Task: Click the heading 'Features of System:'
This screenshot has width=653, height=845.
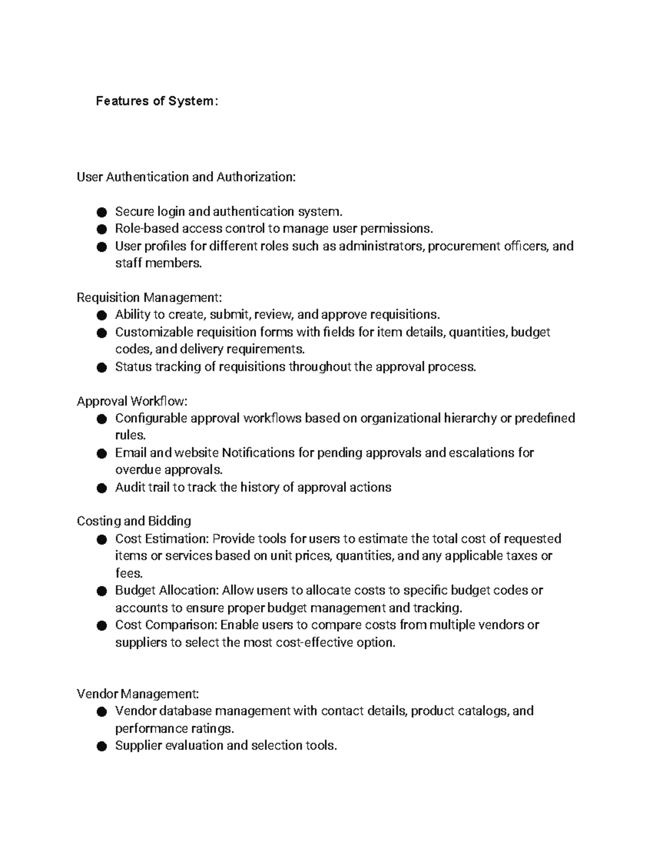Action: (x=157, y=101)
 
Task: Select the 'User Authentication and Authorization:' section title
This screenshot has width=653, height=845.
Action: (x=186, y=177)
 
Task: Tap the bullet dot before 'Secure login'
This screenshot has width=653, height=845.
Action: (x=101, y=212)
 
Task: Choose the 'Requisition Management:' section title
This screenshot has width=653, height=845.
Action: (x=149, y=298)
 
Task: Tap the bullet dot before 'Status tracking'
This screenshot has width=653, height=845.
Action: (x=101, y=368)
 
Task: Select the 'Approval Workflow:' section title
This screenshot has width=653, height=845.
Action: (x=132, y=402)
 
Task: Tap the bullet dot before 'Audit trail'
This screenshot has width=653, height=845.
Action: (x=101, y=488)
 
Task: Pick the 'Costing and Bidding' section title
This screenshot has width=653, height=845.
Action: (x=134, y=521)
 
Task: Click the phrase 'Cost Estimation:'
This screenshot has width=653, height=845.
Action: (x=162, y=539)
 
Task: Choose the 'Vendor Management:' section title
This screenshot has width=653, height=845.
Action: (x=138, y=694)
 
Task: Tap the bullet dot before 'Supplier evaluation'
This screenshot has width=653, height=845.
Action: (x=101, y=747)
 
